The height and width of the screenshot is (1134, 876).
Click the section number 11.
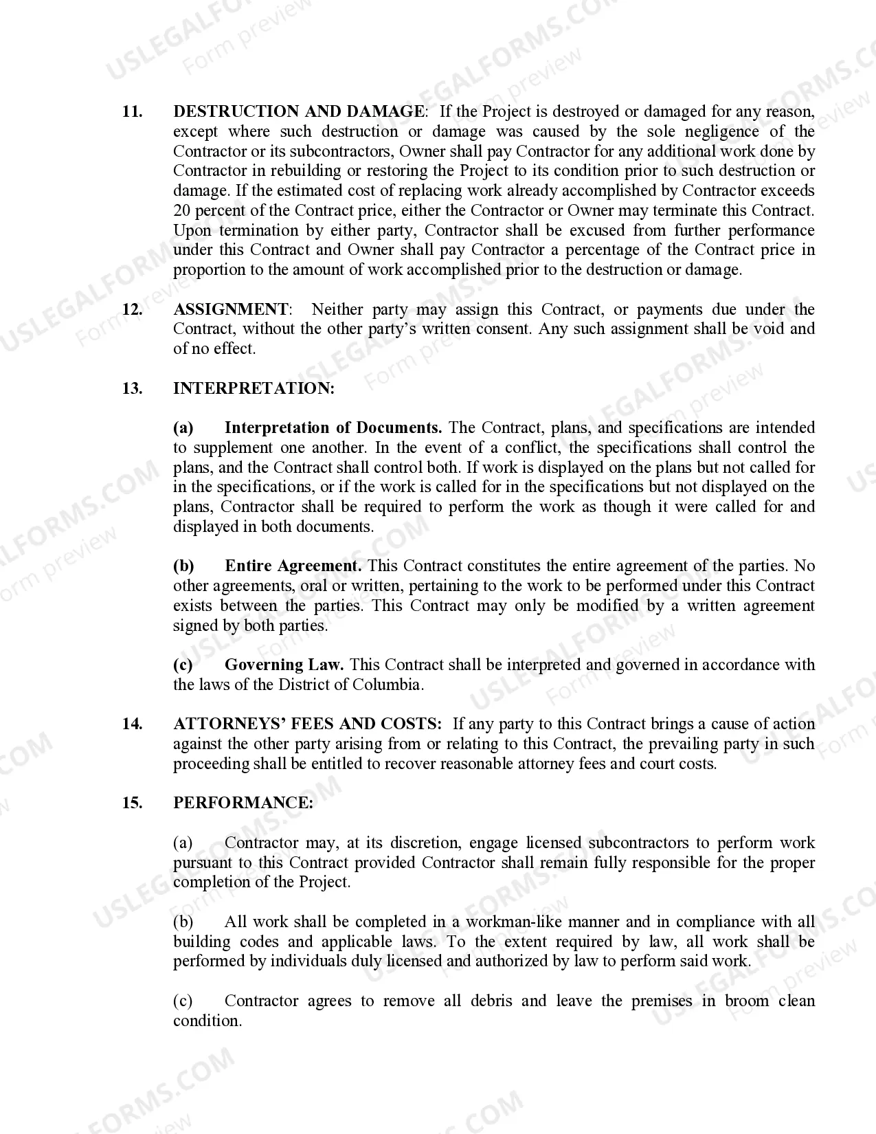point(132,111)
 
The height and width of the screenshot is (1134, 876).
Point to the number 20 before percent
point(182,210)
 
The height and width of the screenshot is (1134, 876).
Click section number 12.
point(132,309)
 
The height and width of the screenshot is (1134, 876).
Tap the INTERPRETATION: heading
point(254,388)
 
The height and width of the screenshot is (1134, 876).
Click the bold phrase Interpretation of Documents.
point(333,427)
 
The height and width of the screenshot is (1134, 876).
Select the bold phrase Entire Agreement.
point(293,566)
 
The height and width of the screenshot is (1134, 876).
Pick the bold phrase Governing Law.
point(284,665)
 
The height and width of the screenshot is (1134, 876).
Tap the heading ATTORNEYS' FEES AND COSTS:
point(307,724)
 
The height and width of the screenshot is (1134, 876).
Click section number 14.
point(132,724)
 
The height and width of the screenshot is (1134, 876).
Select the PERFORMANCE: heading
point(243,803)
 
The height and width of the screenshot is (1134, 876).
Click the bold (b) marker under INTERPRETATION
point(183,566)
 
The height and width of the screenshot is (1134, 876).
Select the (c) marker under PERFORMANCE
point(183,1001)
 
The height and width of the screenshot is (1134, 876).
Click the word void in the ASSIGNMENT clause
point(768,329)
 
